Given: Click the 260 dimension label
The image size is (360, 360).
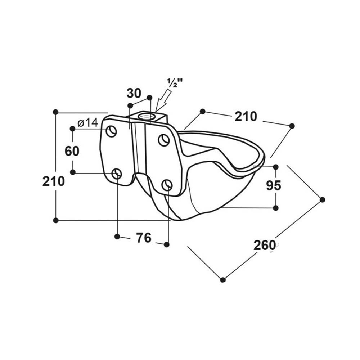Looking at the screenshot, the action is [264, 245].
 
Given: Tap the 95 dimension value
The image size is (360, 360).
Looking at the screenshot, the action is [274, 185].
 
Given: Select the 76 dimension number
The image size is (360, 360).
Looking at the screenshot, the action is [144, 238].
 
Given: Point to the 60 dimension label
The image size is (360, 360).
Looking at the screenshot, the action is [72, 151].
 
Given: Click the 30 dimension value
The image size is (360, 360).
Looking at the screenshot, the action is [134, 93].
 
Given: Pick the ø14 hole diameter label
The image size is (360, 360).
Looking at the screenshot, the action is [88, 123].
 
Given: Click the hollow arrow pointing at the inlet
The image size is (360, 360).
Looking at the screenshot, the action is [163, 100].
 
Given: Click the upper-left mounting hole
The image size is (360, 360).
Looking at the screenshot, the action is [111, 131].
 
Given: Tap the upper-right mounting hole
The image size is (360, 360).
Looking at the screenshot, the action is [164, 140].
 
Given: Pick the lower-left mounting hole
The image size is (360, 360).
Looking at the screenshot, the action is [117, 174].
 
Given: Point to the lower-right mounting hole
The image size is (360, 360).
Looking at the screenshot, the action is [167, 185].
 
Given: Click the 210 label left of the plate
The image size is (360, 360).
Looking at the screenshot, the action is [54, 181].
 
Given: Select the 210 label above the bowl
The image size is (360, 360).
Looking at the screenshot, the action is [246, 116].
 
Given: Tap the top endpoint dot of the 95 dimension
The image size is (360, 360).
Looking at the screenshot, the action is [276, 167].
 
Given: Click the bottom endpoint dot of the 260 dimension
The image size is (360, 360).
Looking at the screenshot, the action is [223, 280].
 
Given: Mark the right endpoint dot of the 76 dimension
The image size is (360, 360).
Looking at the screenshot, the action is [167, 245].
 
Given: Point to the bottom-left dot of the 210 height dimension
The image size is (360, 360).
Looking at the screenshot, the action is [55, 220].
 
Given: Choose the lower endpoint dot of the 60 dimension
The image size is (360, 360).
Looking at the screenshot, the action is [73, 172].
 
